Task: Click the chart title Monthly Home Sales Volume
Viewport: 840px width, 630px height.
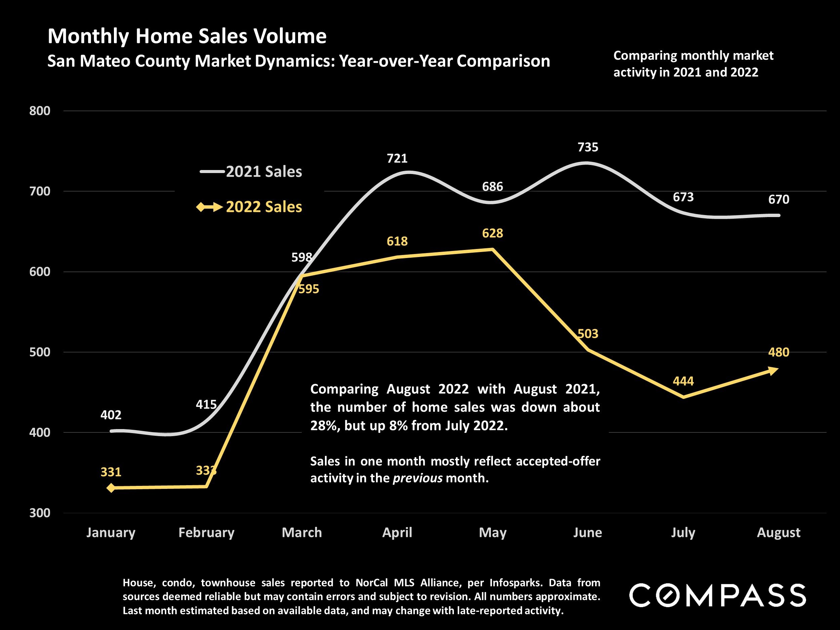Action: coord(187,36)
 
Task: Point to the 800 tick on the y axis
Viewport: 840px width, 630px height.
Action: coord(40,111)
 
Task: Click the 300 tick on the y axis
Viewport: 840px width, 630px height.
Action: coord(40,513)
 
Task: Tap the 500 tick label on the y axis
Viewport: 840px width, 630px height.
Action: coord(40,352)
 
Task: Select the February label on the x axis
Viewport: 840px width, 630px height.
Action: coord(206,533)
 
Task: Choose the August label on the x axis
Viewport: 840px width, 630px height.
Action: coord(779,533)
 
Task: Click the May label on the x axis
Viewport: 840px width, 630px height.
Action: coord(493,533)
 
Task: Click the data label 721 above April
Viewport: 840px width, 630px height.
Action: coord(397,158)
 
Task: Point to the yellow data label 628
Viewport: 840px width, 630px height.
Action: coord(493,233)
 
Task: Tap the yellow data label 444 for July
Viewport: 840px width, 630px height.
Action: coord(683,381)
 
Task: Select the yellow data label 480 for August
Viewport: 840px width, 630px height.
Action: coord(779,352)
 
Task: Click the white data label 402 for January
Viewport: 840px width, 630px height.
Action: coord(111,415)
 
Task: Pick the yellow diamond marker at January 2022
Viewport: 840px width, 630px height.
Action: coord(111,488)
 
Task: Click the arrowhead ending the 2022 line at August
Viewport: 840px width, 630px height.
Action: coord(773,370)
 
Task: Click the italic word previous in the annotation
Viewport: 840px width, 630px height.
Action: coord(417,478)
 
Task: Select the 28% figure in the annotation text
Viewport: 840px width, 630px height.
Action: coord(324,426)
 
